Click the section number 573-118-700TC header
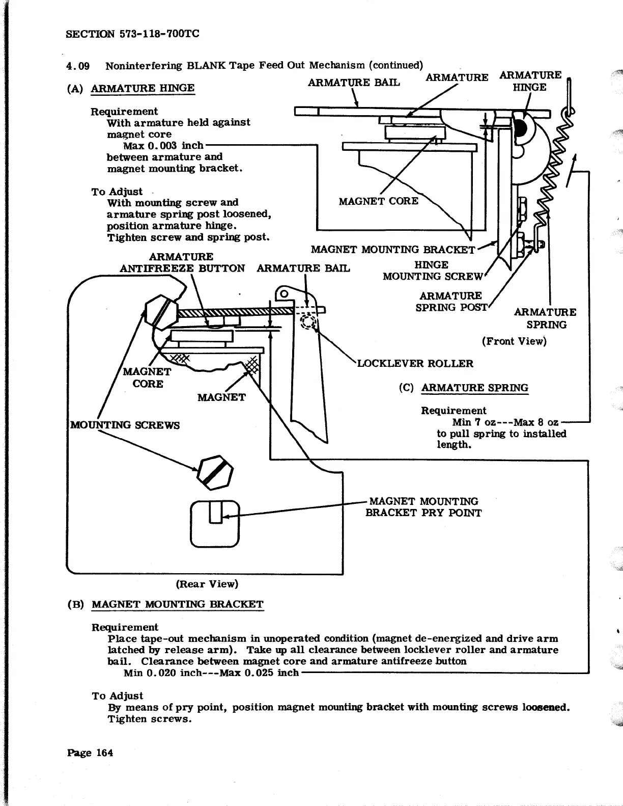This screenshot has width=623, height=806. tap(133, 34)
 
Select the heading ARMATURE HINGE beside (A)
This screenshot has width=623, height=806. tap(143, 88)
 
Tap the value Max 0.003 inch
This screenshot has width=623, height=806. tap(163, 145)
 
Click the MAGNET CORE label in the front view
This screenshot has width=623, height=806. tap(378, 201)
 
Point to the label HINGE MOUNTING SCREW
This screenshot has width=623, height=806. tap(432, 271)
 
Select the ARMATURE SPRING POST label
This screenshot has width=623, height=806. tap(451, 302)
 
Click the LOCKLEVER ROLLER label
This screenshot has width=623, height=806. tap(415, 363)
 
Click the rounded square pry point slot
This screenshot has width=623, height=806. tap(215, 523)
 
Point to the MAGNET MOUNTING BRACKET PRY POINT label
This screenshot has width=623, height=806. tap(423, 507)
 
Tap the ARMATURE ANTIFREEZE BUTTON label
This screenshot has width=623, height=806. tap(182, 262)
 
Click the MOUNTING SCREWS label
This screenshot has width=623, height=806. tap(125, 425)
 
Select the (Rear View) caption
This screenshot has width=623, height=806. tap(207, 584)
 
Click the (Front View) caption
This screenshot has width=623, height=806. tap(514, 341)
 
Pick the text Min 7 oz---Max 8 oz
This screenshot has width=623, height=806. tap(505, 422)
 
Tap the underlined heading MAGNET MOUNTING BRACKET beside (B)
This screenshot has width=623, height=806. tap(178, 604)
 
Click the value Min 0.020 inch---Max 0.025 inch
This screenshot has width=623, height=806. tap(211, 673)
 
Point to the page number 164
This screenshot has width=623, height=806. tap(90, 753)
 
